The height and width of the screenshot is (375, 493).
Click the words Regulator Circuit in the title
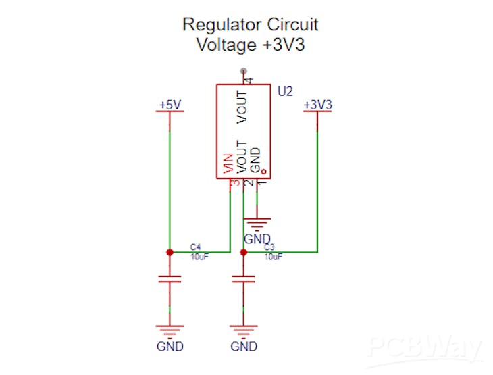(x=250, y=25)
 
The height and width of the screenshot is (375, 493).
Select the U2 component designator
(x=285, y=91)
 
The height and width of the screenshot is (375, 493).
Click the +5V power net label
(x=170, y=105)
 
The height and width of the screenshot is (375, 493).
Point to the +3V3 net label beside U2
(x=317, y=105)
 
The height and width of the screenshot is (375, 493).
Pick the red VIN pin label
(x=229, y=164)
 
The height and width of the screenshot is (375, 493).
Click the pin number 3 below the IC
(x=234, y=184)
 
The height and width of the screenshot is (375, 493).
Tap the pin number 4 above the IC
(x=248, y=80)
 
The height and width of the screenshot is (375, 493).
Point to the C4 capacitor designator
(x=195, y=246)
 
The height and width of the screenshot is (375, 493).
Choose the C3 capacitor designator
(x=269, y=247)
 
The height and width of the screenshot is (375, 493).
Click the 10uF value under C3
(x=273, y=257)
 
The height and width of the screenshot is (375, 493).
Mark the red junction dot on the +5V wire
(x=170, y=252)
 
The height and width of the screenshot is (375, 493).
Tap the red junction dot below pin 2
(x=244, y=252)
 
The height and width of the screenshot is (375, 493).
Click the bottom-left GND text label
(x=170, y=347)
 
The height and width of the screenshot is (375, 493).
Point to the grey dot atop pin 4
(x=243, y=71)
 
